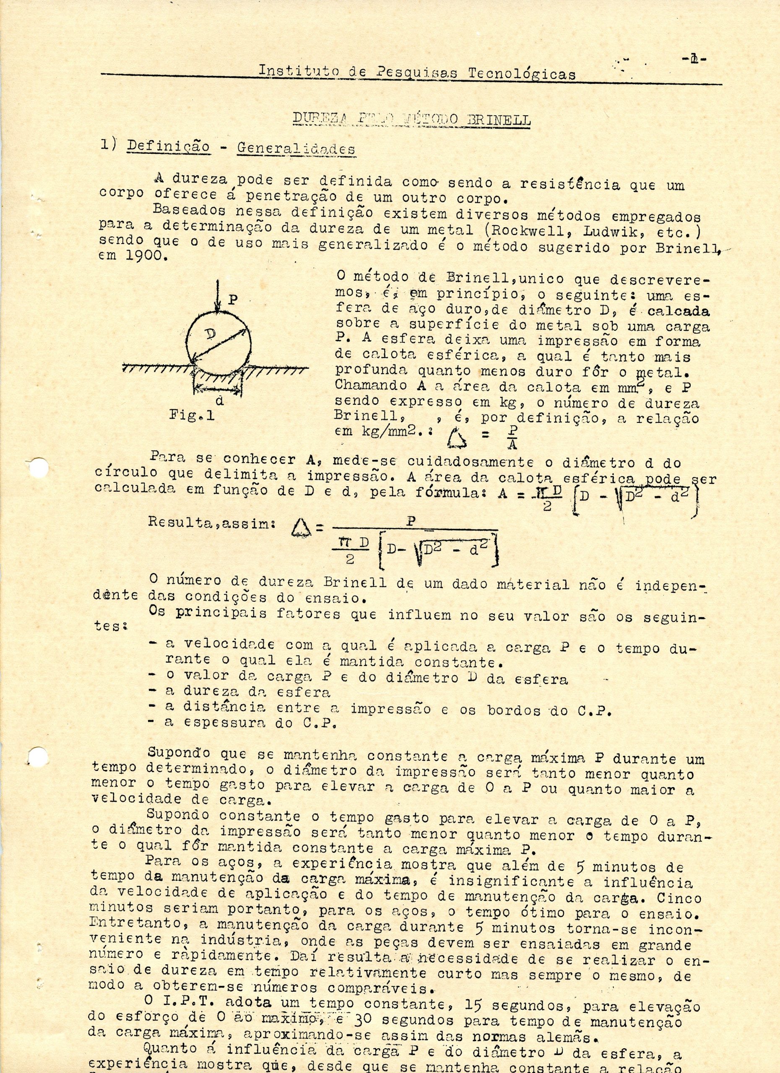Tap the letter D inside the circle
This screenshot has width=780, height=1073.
210,335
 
